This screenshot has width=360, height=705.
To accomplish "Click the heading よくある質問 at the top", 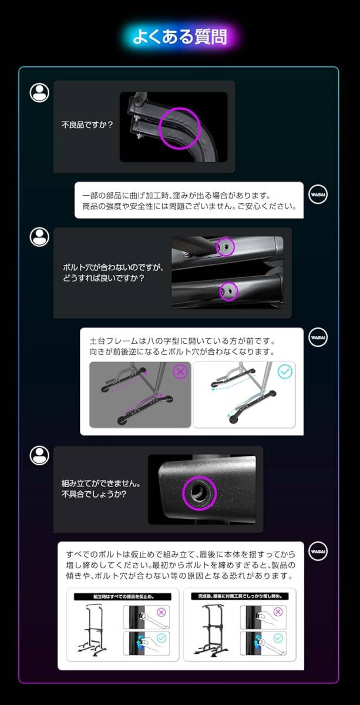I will tap(179, 36).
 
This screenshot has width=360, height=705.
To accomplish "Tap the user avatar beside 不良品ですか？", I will tap(39, 92).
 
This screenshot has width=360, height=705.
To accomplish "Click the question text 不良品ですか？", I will tap(87, 125).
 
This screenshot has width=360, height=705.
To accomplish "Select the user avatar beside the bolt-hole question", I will tap(39, 237).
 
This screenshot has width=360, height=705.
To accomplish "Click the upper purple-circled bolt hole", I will tap(225, 247).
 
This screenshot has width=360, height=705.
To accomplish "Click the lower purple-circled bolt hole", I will tap(229, 290).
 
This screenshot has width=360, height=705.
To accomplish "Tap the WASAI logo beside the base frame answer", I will tap(318, 337).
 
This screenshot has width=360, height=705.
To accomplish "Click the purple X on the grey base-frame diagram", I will tap(180, 371).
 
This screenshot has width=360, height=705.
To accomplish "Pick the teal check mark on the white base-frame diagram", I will tap(285, 371).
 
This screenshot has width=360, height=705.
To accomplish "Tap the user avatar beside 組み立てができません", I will tap(39, 455).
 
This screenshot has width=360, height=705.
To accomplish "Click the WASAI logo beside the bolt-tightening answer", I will tap(318, 551).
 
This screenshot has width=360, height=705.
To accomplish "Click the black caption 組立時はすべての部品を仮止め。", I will tap(123, 596).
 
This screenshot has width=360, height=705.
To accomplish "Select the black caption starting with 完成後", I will tap(239, 596).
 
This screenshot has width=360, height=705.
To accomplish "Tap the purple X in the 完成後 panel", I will tap(278, 612).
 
